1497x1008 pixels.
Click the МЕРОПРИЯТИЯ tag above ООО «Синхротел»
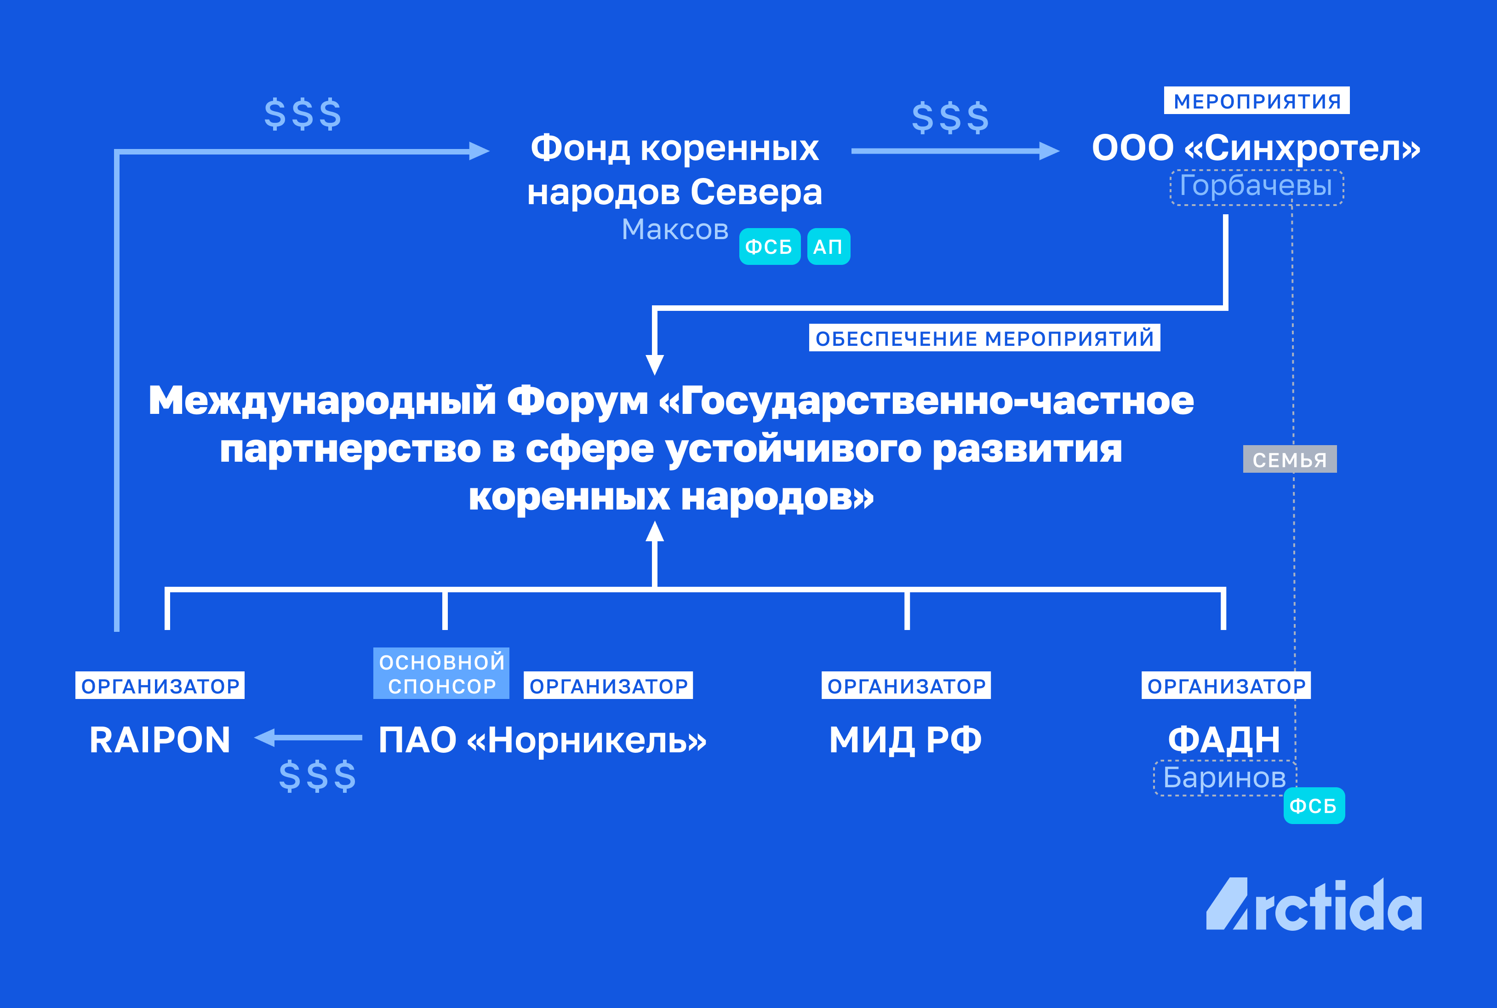click(x=1256, y=101)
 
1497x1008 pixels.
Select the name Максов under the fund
click(x=674, y=229)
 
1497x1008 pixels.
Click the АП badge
click(x=828, y=247)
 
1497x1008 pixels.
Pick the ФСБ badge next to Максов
click(x=769, y=247)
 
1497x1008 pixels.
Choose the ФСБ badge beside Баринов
click(x=1313, y=806)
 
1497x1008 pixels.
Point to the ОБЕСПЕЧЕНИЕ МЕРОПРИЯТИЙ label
click(x=984, y=338)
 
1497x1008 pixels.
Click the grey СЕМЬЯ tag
click(x=1289, y=460)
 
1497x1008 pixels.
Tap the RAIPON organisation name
click(x=160, y=740)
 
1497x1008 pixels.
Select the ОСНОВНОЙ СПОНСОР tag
click(x=441, y=674)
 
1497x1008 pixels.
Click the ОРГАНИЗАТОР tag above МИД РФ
click(x=906, y=686)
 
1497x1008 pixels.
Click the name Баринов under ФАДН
click(x=1224, y=778)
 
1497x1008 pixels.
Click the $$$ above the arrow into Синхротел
click(x=950, y=118)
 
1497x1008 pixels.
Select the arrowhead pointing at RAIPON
click(x=265, y=737)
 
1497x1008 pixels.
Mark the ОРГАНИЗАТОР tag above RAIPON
click(x=160, y=686)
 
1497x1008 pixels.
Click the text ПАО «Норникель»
click(x=542, y=740)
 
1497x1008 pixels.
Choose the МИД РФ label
click(x=905, y=740)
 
